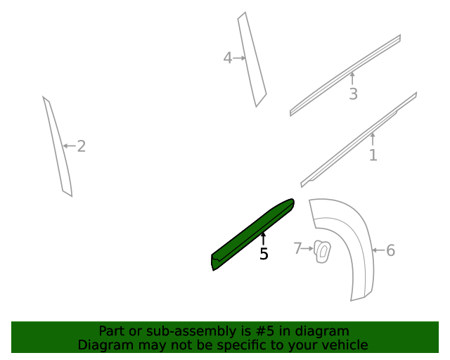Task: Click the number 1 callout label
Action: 373,155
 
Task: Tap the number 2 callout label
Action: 82,146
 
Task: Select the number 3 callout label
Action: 353,94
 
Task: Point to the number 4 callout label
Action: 227,58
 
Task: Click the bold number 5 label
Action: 264,255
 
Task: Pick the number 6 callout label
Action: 391,250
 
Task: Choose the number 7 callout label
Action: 297,248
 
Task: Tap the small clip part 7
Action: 323,251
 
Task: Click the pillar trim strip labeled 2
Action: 58,148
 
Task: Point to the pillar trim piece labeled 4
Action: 252,60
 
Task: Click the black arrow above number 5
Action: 264,238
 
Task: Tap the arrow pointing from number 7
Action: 307,248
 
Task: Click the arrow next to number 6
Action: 378,250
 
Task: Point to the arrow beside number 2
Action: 69,146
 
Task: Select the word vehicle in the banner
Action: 345,345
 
